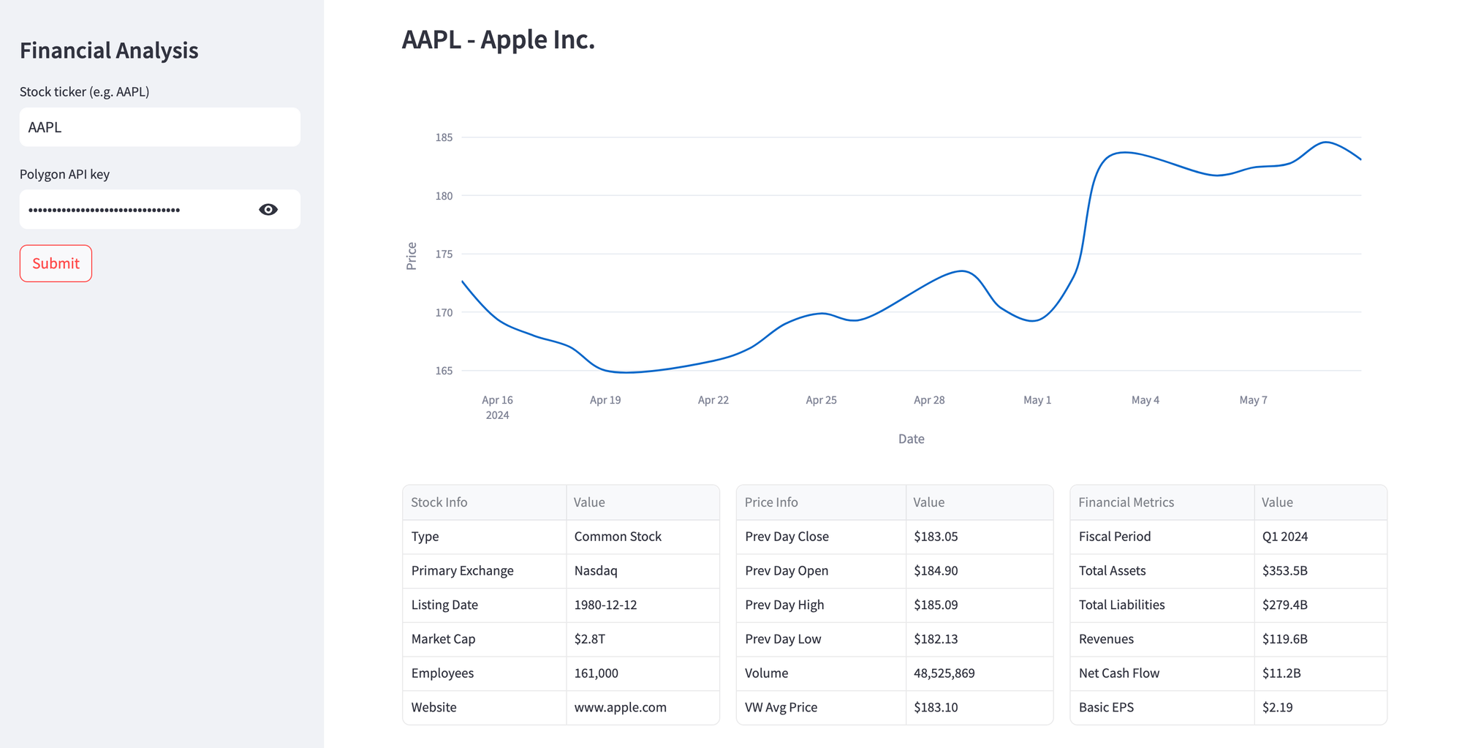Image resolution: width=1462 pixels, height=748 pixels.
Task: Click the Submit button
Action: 56,263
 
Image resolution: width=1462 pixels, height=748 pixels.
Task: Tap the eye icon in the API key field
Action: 268,210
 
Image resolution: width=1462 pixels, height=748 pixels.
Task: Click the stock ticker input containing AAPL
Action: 159,127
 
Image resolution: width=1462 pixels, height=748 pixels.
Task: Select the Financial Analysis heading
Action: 109,50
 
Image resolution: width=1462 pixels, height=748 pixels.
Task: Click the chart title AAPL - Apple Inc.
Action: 498,39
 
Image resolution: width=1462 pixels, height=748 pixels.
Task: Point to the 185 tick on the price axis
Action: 444,137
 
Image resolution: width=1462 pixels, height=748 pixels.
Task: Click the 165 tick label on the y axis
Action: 444,371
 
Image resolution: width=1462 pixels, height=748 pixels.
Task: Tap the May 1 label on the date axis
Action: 1037,400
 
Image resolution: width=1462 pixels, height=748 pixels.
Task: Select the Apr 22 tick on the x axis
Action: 713,400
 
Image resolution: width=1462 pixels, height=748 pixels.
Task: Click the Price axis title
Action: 412,256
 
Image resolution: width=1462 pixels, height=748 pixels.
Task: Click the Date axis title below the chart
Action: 911,439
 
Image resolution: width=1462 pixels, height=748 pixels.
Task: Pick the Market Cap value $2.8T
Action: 589,639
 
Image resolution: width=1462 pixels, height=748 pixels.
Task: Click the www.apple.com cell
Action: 620,707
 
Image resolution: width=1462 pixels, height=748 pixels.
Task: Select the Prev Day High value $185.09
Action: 935,605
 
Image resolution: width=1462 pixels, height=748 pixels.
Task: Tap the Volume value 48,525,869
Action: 944,673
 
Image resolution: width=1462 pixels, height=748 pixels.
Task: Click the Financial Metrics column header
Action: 1126,502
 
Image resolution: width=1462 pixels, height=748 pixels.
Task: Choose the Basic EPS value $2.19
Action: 1277,707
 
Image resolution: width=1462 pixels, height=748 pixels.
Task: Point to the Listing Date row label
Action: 444,605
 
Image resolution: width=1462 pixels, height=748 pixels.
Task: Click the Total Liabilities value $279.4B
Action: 1284,605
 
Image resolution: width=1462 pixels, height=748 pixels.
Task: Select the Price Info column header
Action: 770,502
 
